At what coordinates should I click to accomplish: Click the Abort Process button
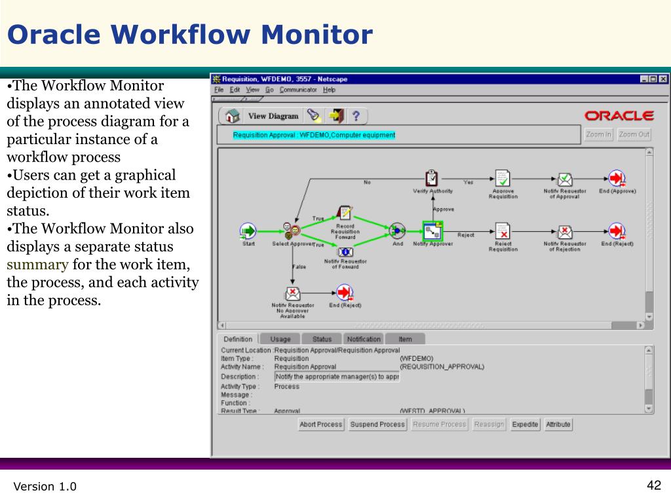pos(320,424)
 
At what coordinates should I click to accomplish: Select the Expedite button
pos(525,424)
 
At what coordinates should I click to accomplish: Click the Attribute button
pos(558,424)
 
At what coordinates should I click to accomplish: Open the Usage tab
pos(280,339)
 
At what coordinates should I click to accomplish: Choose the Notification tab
pos(364,339)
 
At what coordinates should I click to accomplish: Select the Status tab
pos(322,339)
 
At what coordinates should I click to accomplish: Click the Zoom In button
pos(599,134)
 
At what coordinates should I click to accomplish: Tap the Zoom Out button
pos(634,134)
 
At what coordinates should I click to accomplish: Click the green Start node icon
pos(248,231)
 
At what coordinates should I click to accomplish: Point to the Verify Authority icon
pos(432,178)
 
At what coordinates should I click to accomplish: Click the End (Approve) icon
pos(616,178)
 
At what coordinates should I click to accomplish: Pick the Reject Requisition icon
pos(503,231)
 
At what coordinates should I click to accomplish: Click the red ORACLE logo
pos(619,116)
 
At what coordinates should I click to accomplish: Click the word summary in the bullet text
pos(37,265)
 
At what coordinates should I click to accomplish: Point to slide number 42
pos(653,485)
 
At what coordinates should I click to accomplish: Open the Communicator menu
pos(298,90)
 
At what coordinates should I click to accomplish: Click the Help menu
pos(329,90)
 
